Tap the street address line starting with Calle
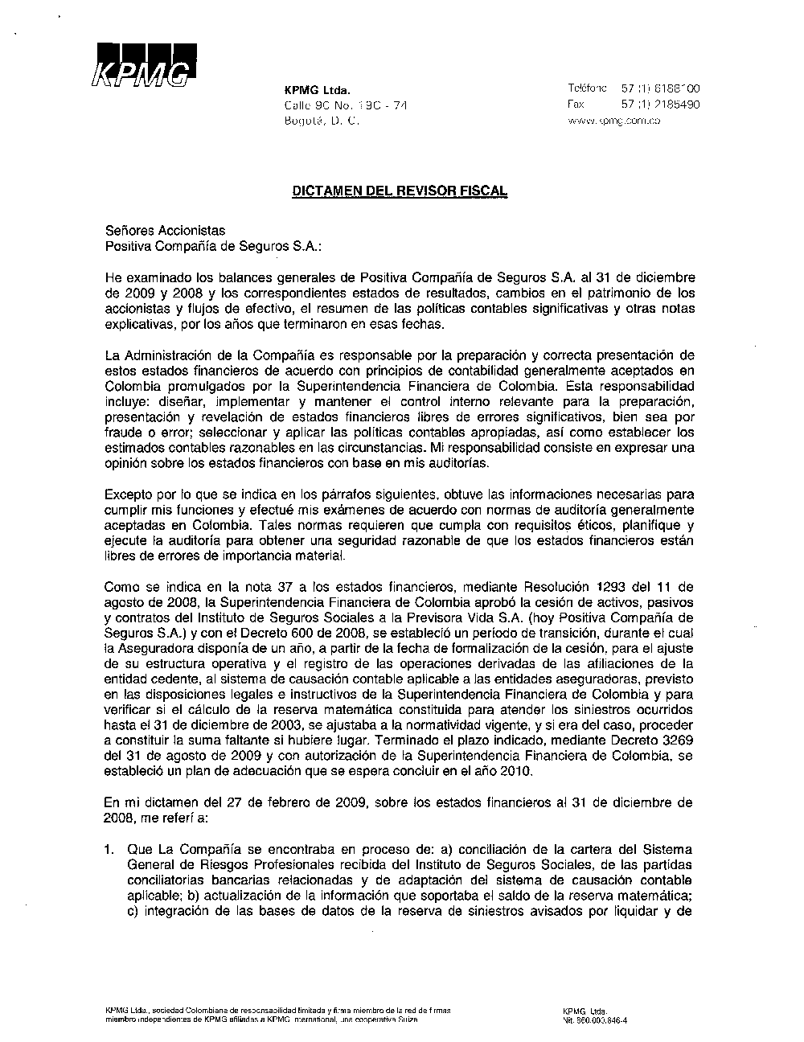(346, 105)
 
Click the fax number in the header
(660, 105)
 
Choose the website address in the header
(614, 121)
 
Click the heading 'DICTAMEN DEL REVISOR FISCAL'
(400, 191)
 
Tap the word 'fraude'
(122, 433)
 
